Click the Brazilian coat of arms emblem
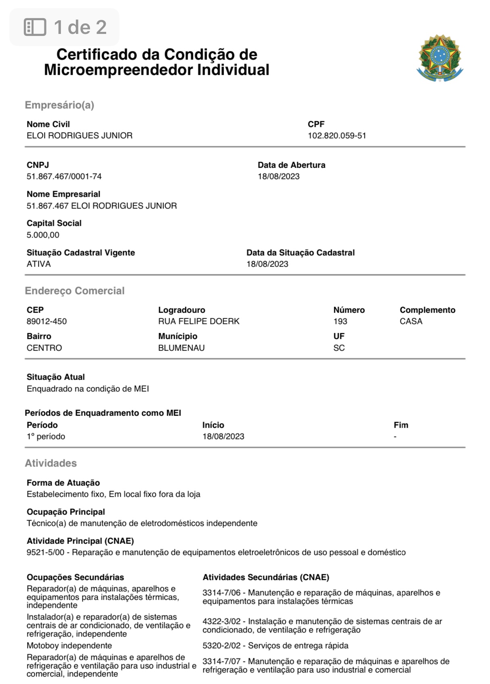440,58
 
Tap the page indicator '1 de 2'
65,27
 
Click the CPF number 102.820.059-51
337,136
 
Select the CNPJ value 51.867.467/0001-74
64,176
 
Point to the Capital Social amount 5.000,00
43,235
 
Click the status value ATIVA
39,264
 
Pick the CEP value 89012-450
47,321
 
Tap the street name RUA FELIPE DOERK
199,321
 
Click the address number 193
340,321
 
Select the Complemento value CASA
411,321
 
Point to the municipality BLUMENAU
181,348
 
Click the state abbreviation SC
339,348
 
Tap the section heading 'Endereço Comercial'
75,291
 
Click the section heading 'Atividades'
51,463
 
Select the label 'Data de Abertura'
291,165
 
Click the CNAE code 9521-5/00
46,552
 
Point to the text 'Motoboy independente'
69,646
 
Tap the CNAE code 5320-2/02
222,646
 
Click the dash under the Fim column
395,436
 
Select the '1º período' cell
46,436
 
